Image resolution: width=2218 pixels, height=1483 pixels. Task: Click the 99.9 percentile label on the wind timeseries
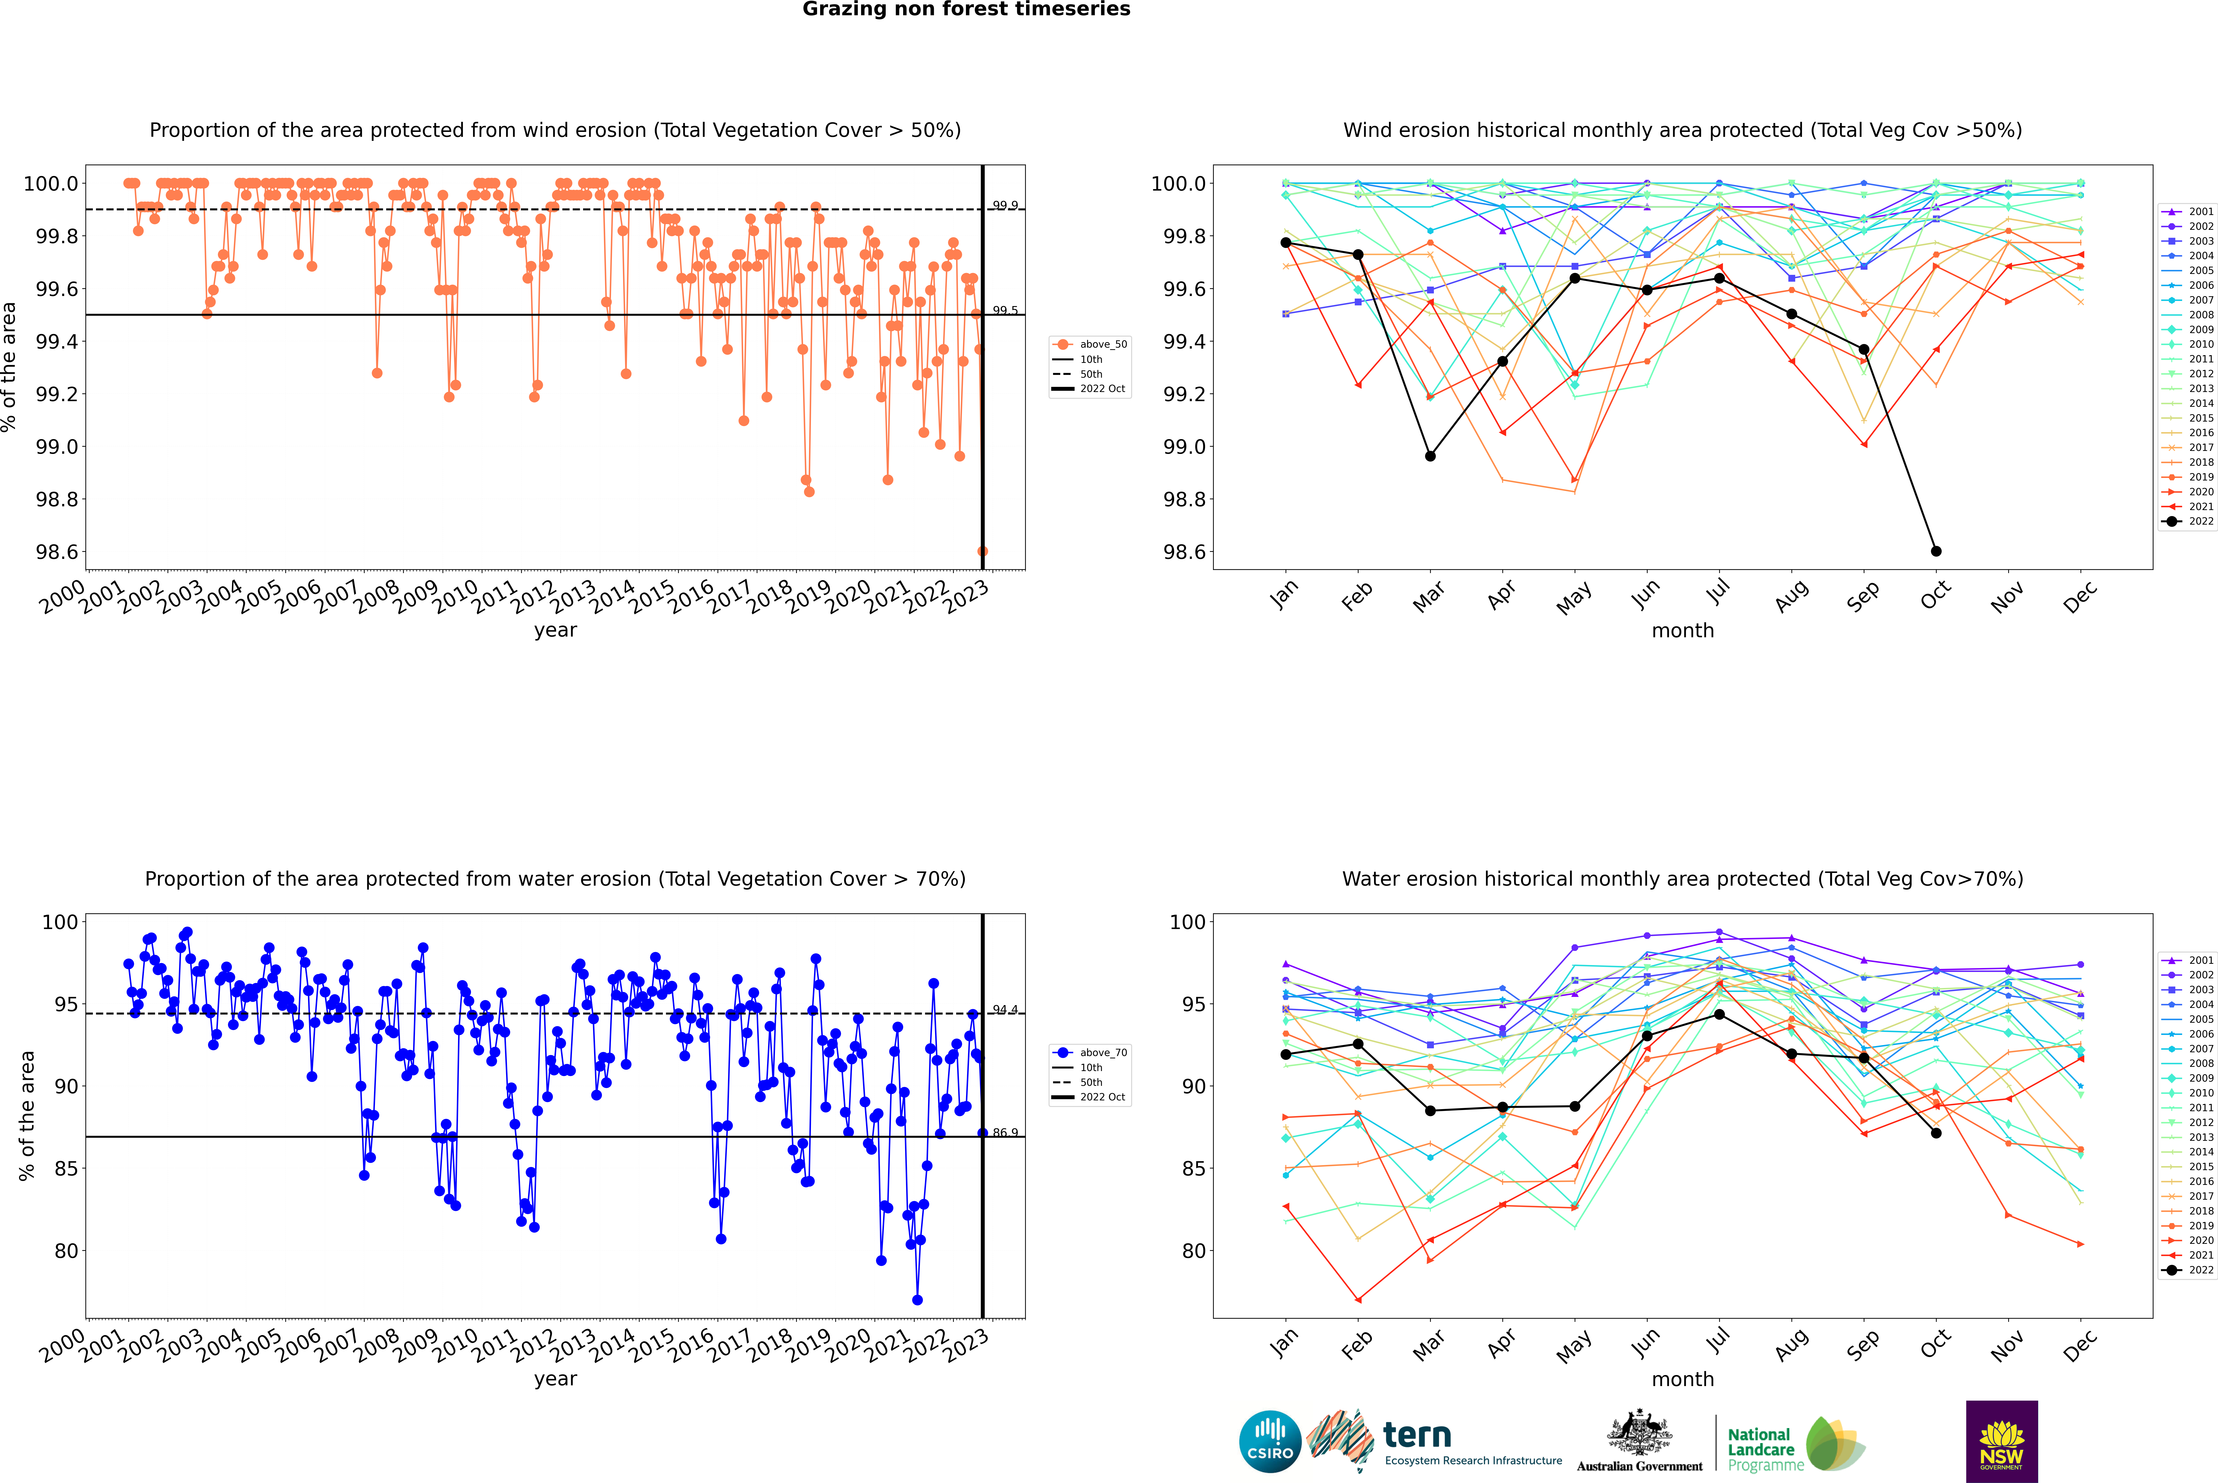pyautogui.click(x=1005, y=205)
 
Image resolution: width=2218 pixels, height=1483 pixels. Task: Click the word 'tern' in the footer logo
pyautogui.click(x=1416, y=1435)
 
